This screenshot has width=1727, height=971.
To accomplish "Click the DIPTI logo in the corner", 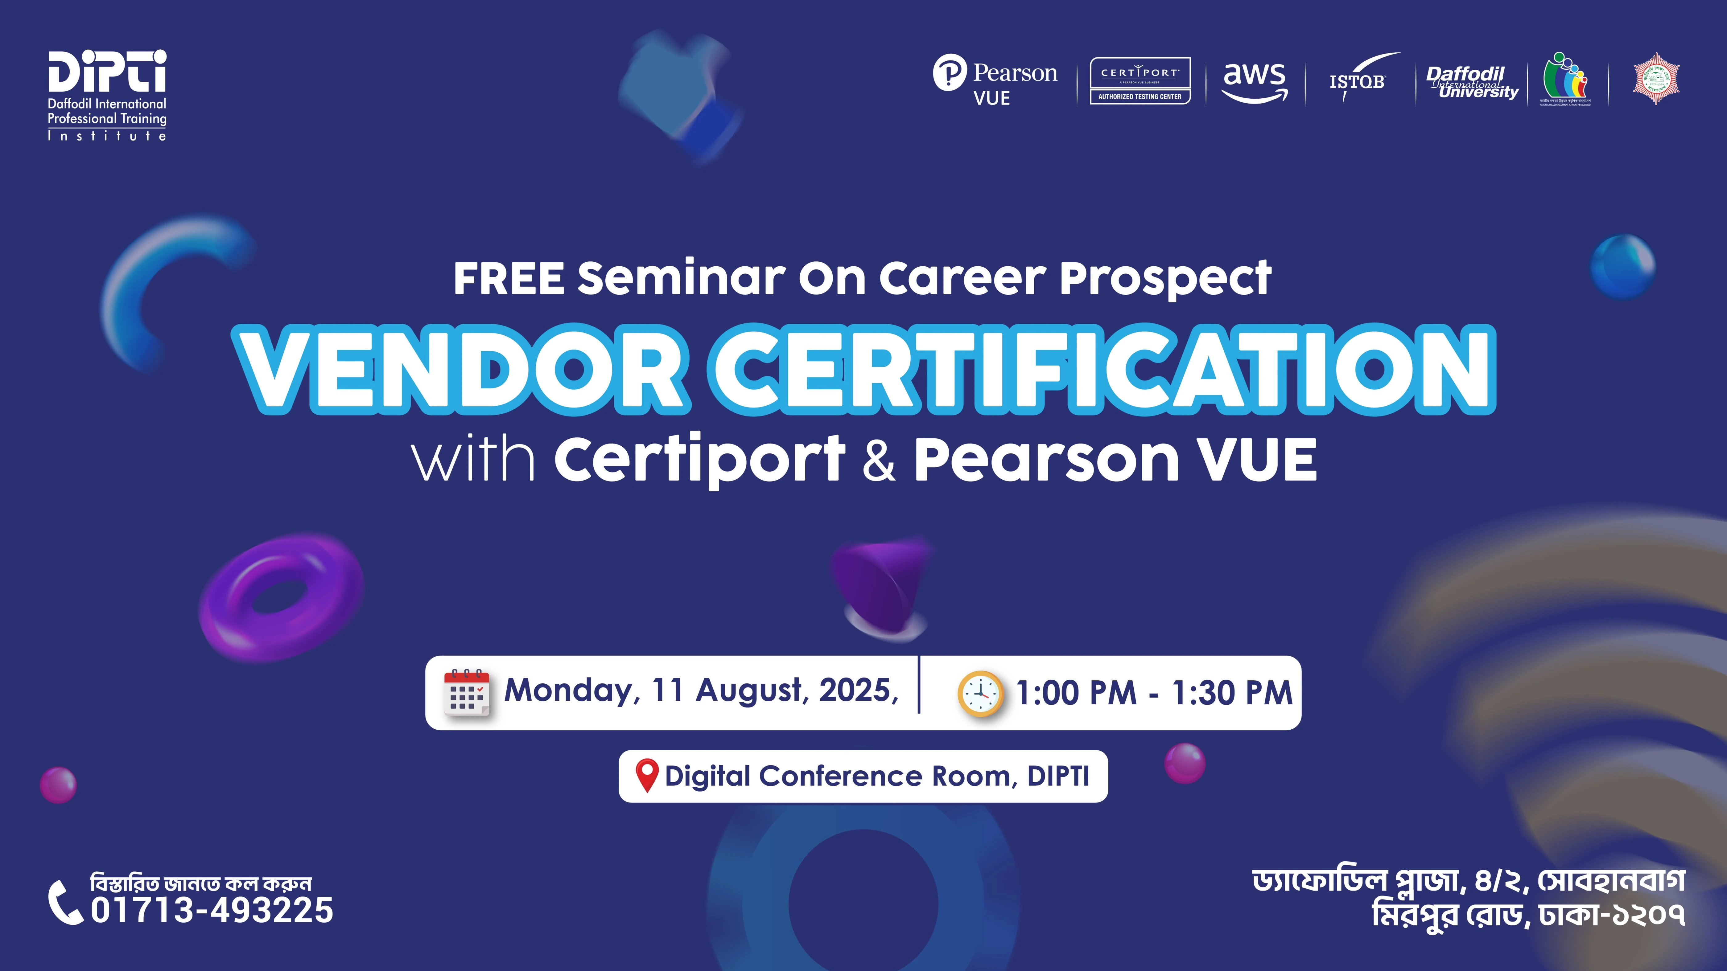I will pyautogui.click(x=107, y=95).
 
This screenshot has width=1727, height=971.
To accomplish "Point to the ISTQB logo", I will pyautogui.click(x=1358, y=80).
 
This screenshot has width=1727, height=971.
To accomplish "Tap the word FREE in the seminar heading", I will pyautogui.click(x=508, y=278).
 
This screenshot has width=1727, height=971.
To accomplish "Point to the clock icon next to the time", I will pyautogui.click(x=980, y=694).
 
